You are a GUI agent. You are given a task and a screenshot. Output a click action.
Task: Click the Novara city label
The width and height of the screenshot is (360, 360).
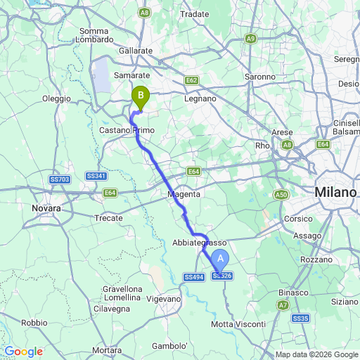47,209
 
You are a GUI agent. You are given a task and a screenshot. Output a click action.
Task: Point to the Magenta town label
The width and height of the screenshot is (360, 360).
184,194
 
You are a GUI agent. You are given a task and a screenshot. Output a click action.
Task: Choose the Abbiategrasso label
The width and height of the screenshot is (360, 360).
199,242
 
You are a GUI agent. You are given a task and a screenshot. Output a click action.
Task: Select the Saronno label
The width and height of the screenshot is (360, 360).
260,76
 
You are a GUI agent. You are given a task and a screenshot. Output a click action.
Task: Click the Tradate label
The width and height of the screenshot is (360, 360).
195,14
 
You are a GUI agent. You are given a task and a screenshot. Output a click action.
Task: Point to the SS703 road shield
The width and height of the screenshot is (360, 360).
60,180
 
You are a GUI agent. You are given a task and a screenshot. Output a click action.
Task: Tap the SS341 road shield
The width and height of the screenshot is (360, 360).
96,175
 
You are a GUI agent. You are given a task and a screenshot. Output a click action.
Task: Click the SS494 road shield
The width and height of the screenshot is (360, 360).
194,278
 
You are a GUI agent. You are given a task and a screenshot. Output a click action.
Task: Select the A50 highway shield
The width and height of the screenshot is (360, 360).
281,194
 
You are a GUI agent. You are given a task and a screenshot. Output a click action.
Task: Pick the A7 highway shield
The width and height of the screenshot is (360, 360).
283,304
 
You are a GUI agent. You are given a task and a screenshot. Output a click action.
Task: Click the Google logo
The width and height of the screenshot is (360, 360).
23,352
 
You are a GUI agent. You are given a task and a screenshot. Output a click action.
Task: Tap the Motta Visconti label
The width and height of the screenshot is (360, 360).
239,324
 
